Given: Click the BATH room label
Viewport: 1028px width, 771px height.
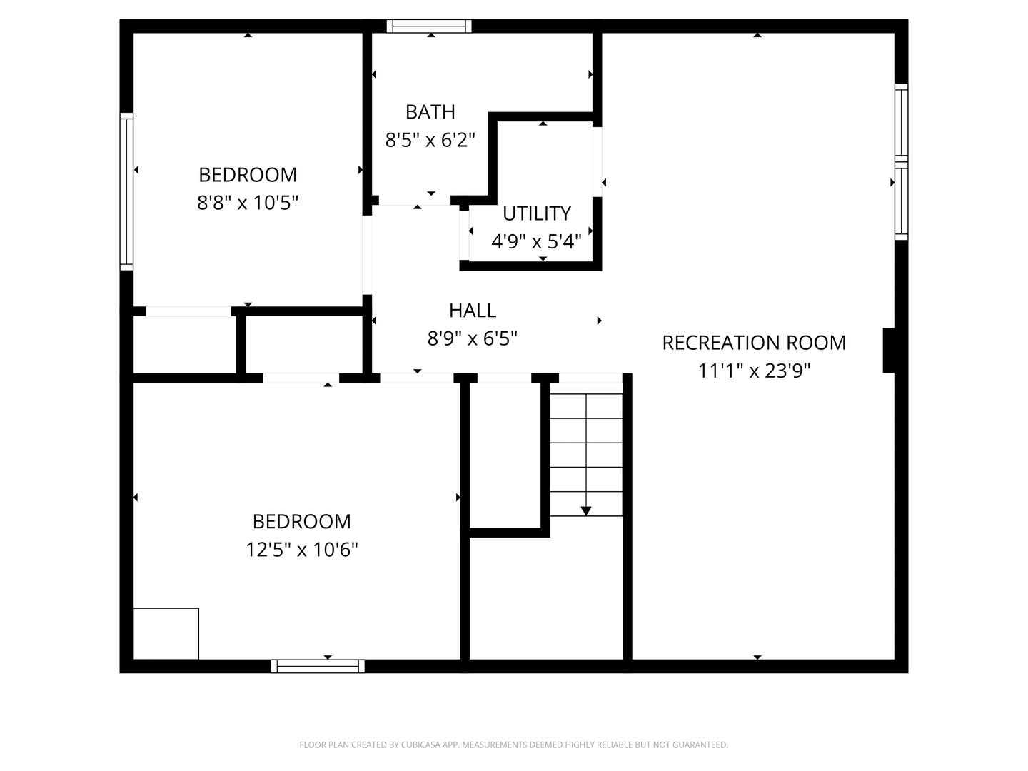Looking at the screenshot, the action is (x=430, y=112).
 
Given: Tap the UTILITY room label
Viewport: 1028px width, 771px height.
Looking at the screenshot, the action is (x=537, y=213).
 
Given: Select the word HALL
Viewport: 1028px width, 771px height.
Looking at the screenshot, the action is (x=472, y=311).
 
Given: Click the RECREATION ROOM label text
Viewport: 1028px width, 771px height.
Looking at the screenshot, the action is (x=754, y=343).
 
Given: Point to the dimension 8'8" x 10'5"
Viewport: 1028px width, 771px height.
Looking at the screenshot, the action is (x=248, y=203).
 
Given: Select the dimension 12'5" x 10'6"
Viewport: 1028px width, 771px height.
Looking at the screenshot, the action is (x=302, y=550).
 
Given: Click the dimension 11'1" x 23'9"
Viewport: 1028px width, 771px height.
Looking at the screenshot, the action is (x=754, y=371).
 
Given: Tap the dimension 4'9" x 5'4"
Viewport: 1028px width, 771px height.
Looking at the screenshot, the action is (x=536, y=241).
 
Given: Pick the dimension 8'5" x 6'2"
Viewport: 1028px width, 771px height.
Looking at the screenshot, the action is (x=430, y=140).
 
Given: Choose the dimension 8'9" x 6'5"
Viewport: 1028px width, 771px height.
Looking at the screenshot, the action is (x=472, y=338).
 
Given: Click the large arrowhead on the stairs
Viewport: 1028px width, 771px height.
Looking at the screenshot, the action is (x=586, y=510).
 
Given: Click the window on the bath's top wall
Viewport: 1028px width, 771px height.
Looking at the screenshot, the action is (x=429, y=26).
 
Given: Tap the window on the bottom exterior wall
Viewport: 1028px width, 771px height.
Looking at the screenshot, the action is (x=318, y=666).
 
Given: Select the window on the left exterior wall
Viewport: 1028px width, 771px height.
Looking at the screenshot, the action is (x=126, y=191).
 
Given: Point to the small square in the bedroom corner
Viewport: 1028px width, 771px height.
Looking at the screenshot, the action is (x=166, y=633).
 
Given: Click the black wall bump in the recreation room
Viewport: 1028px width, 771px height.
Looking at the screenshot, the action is (x=889, y=350).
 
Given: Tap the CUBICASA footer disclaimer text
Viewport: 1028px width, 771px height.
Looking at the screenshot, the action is (x=514, y=745).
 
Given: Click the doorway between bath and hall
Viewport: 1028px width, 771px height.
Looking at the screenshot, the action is (x=415, y=201).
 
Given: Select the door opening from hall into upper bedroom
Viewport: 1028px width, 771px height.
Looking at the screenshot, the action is (x=367, y=255).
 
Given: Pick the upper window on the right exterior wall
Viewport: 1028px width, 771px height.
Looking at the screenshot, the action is (x=902, y=123).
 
